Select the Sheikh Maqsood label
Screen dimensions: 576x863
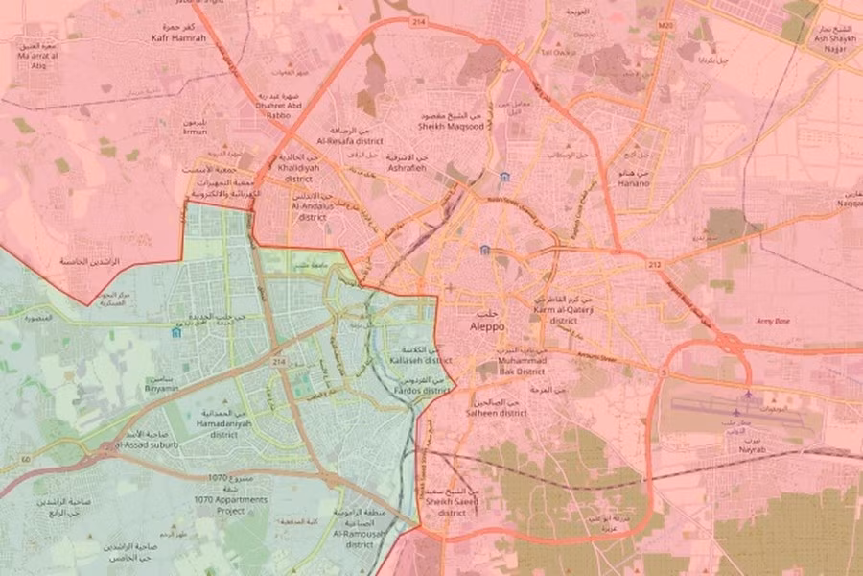[x=446, y=124]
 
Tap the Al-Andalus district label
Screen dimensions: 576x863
[x=312, y=211]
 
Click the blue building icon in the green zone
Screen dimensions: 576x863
[x=175, y=332]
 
